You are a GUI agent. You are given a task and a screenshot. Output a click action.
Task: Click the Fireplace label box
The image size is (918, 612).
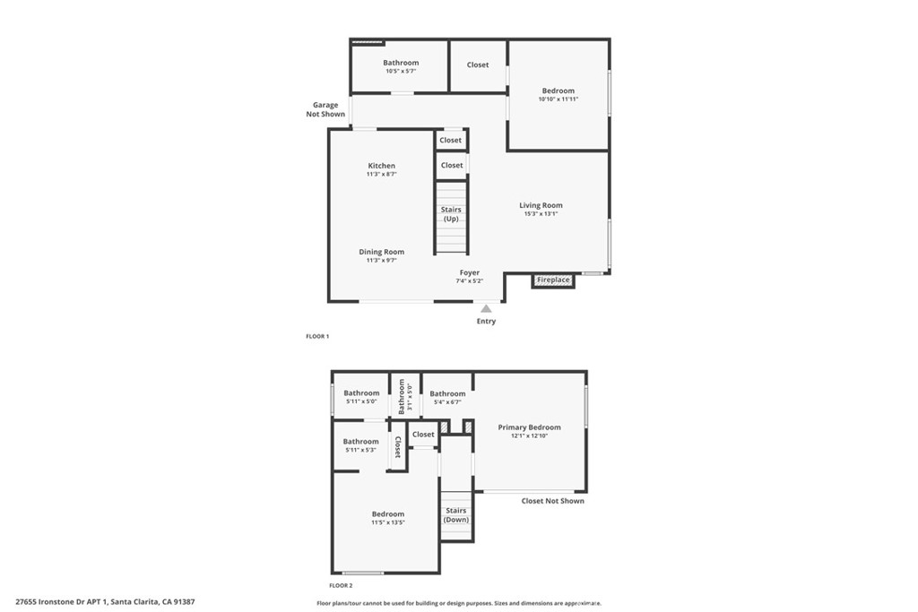click(x=553, y=280)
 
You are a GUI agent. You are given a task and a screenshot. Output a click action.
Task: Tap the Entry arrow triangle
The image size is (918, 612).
click(x=486, y=309)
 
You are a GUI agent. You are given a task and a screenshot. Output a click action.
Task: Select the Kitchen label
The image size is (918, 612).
click(x=381, y=166)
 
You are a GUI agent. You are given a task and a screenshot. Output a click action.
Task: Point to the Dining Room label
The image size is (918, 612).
click(x=382, y=252)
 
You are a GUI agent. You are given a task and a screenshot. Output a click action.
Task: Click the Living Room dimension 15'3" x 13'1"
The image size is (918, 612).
click(x=541, y=214)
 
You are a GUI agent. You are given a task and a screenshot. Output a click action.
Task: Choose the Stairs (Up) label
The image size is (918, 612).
click(x=451, y=214)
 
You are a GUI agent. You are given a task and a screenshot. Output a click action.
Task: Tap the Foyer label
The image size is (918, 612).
click(x=470, y=272)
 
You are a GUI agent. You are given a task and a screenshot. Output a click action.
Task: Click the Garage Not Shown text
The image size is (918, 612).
click(x=325, y=109)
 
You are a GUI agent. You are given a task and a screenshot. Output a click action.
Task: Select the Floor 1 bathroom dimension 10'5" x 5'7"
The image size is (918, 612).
click(x=401, y=71)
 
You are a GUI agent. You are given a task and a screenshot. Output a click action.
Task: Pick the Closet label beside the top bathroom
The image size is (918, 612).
click(x=478, y=65)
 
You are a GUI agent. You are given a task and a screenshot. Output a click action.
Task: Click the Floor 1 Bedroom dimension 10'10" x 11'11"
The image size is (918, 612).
click(x=558, y=99)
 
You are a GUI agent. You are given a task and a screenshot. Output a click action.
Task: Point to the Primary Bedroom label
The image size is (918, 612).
click(x=529, y=427)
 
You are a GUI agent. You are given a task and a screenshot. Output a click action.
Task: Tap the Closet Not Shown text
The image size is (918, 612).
click(x=552, y=501)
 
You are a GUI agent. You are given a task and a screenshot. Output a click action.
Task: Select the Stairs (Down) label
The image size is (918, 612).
click(x=456, y=515)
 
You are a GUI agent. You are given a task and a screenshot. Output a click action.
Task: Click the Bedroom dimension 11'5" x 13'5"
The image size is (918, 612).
click(x=388, y=522)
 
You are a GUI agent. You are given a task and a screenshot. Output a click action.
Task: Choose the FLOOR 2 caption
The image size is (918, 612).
click(x=317, y=584)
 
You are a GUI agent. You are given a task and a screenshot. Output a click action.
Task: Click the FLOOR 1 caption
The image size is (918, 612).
click(x=317, y=336)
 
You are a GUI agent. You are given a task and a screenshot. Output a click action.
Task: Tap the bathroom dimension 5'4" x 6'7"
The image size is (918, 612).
click(x=447, y=402)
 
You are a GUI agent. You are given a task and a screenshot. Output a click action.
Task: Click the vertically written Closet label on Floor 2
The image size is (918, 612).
click(x=397, y=446)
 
